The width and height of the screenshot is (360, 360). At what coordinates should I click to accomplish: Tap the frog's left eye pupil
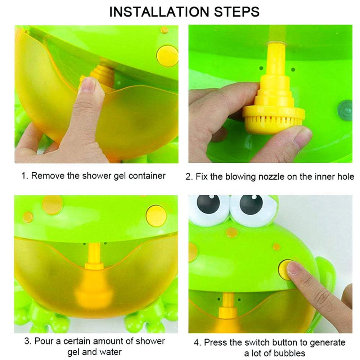208,205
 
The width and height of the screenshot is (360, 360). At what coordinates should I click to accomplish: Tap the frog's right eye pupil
251,205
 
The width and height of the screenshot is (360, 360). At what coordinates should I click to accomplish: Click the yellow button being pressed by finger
285,269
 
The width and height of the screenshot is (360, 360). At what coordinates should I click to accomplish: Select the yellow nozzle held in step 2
273,108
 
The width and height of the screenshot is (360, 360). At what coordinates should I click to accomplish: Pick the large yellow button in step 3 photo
156,216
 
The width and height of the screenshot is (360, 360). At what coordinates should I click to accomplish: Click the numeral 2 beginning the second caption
188,177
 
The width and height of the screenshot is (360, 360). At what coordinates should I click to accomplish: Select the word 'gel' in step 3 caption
74,351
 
